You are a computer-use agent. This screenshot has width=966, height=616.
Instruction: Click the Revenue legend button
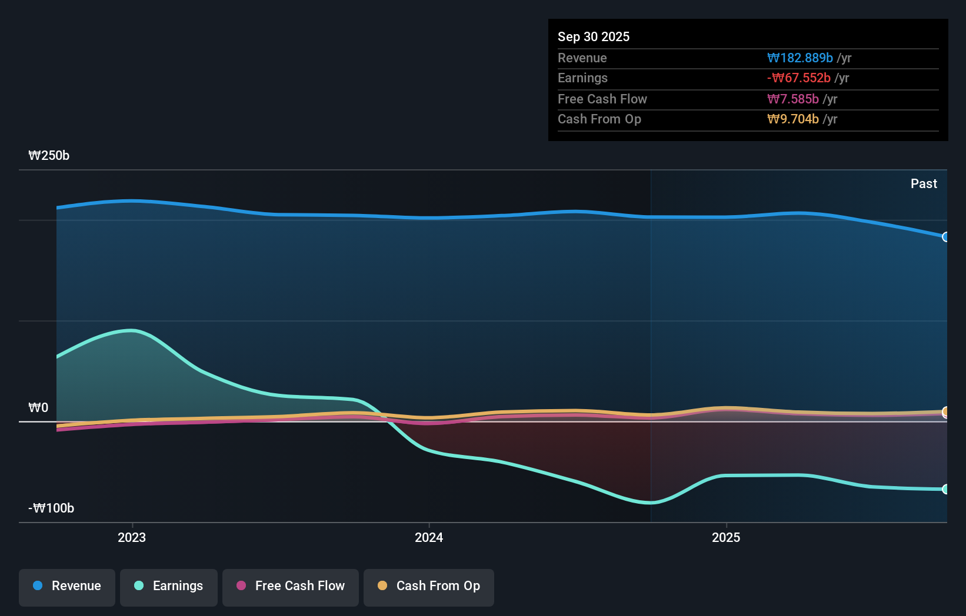click(x=67, y=586)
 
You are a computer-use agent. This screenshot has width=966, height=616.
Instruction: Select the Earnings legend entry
click(x=169, y=586)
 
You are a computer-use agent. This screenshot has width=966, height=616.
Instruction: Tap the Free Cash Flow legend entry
click(x=291, y=586)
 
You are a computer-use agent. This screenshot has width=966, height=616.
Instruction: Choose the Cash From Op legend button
click(x=429, y=586)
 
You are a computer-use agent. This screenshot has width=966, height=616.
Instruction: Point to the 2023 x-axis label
click(x=132, y=537)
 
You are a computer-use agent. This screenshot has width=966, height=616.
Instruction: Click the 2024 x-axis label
click(x=429, y=537)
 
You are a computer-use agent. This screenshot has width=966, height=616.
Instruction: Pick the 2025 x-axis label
click(x=726, y=537)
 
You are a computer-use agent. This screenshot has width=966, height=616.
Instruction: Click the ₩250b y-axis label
click(x=49, y=155)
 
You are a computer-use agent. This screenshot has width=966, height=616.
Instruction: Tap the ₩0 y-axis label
click(x=38, y=407)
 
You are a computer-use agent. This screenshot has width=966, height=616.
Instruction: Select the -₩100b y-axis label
click(x=51, y=508)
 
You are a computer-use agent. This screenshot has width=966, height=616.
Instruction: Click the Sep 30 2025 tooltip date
click(x=594, y=36)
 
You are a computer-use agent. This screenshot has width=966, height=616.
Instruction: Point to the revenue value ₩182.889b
click(x=800, y=58)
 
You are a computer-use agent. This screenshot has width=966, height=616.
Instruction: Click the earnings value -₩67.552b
click(x=798, y=78)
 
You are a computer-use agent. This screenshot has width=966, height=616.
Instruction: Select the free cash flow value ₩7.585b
click(x=792, y=99)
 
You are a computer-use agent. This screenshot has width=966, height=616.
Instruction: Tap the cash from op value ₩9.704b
click(x=792, y=119)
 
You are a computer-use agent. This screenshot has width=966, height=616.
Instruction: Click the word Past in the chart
click(x=924, y=183)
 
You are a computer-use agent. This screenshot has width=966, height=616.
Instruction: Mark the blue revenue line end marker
click(x=945, y=237)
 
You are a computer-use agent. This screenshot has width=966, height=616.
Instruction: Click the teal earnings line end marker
click(x=945, y=489)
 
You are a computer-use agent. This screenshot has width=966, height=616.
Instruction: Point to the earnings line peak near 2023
click(x=132, y=330)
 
